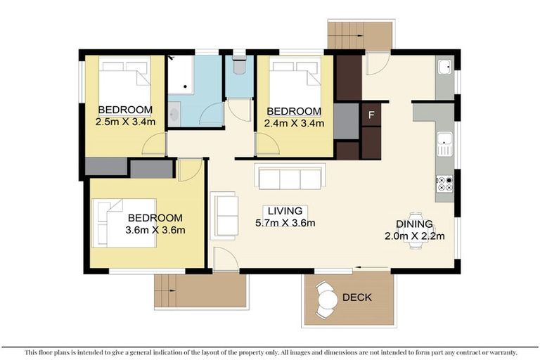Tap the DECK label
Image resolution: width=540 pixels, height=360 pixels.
356,297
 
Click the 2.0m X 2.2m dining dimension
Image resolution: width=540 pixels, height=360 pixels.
414,236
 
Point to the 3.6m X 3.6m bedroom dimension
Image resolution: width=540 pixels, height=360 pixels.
155,230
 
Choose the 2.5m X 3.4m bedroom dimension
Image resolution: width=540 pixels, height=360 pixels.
125,122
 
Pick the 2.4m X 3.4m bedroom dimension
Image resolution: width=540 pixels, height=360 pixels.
294,123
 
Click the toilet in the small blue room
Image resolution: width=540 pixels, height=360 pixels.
238,65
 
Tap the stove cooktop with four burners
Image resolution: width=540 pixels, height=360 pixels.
444,184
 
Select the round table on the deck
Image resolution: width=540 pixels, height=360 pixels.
327,300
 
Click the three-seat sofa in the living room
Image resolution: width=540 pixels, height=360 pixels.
290,179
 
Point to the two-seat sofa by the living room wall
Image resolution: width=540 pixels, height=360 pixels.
224,215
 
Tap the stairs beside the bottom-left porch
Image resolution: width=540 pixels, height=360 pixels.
165,290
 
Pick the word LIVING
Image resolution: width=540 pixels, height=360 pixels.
284,211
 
